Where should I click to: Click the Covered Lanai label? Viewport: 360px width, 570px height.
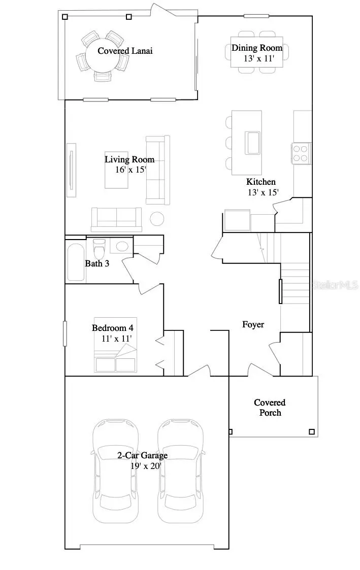coord(125,51)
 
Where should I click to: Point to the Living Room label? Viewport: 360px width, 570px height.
coord(129,159)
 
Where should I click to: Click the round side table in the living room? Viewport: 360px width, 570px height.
coord(157,219)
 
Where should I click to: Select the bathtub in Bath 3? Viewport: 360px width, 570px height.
coord(76,262)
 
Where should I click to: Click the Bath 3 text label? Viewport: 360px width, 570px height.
coord(96,263)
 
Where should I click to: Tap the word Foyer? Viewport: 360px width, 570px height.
coord(253,324)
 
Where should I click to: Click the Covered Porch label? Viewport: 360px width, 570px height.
coord(270,408)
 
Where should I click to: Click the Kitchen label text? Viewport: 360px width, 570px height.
coord(261,182)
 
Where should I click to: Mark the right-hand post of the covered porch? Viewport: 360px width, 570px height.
coord(312,432)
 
